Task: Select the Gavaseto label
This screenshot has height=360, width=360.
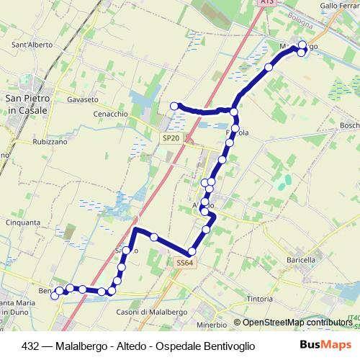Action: click(81, 99)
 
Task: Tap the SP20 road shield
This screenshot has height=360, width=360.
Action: click(171, 138)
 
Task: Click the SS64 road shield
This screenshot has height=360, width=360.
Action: click(185, 263)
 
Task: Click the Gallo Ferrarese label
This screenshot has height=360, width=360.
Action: click(338, 5)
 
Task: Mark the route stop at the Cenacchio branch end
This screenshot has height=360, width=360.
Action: click(174, 107)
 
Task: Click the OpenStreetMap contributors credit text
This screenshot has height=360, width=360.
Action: click(293, 323)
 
